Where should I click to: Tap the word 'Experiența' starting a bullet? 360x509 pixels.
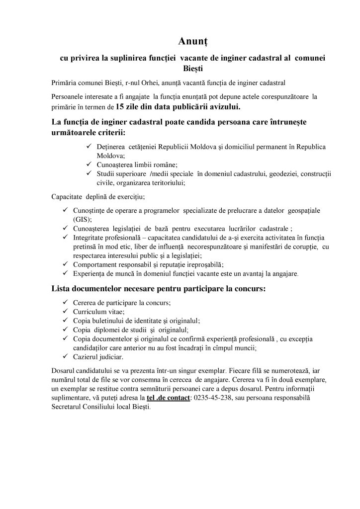[90, 273]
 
